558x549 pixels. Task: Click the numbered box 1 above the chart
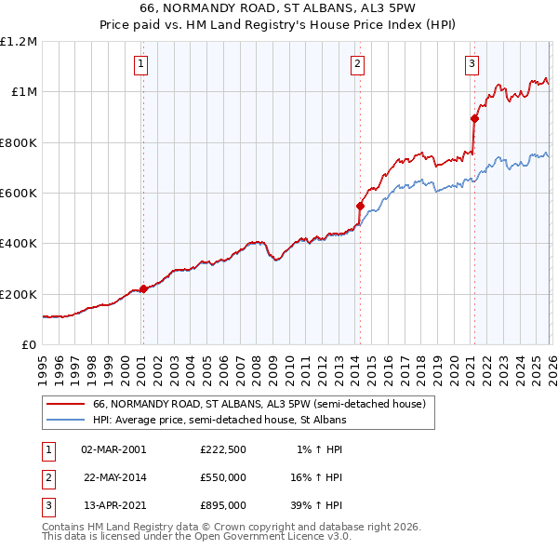point(140,64)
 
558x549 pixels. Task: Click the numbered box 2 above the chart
point(357,64)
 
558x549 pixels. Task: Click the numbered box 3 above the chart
point(472,64)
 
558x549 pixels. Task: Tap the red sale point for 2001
point(143,288)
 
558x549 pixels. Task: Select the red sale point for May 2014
point(360,206)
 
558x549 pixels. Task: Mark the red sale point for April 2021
point(474,118)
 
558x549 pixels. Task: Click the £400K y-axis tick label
point(19,244)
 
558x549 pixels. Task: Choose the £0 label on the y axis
point(28,344)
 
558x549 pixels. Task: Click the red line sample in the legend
point(65,404)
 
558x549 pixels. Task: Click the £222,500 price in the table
point(222,449)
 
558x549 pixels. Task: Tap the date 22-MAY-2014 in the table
point(114,477)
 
